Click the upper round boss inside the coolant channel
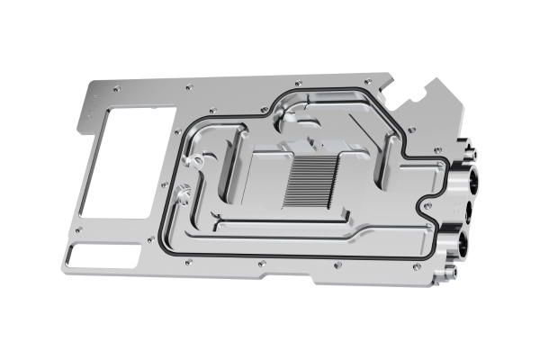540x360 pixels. (x=192, y=161)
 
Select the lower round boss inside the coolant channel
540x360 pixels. (x=184, y=191)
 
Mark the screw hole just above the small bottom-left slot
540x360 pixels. (x=79, y=230)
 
